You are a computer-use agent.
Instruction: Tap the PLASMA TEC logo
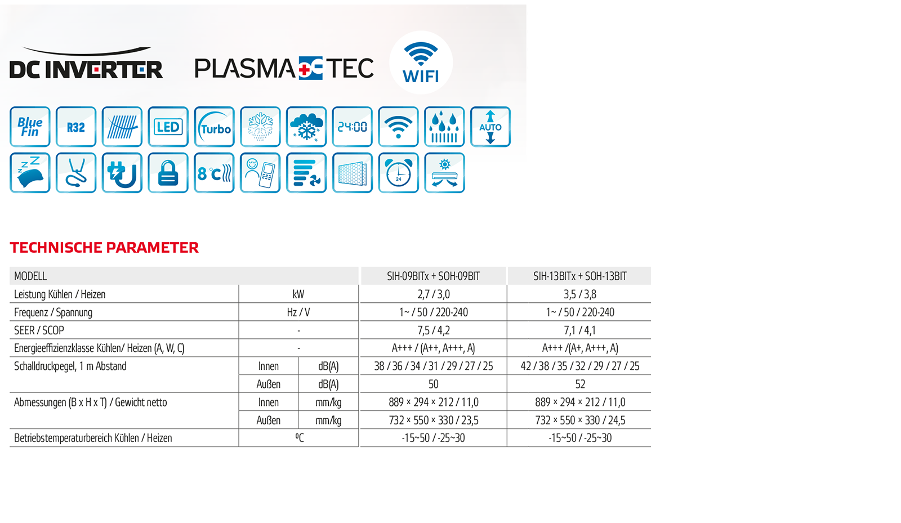click(284, 68)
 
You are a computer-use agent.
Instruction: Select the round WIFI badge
click(421, 62)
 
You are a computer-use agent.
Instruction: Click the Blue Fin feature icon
click(30, 127)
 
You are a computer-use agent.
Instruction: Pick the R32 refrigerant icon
click(76, 127)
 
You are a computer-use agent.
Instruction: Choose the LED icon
click(168, 127)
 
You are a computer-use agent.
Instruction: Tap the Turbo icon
click(215, 127)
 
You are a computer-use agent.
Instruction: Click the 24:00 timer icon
click(353, 127)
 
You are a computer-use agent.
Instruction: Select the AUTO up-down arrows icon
click(490, 127)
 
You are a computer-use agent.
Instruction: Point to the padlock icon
click(168, 173)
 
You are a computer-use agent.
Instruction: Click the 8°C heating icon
click(215, 173)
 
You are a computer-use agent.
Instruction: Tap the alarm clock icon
click(399, 173)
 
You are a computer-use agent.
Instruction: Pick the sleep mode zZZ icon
click(30, 173)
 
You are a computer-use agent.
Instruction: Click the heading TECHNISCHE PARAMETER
click(104, 248)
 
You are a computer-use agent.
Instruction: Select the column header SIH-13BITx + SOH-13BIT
click(580, 276)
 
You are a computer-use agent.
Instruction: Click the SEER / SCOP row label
click(39, 330)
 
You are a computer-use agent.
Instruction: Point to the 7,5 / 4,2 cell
click(434, 330)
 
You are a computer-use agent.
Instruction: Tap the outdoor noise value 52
click(580, 385)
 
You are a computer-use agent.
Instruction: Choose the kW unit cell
click(298, 294)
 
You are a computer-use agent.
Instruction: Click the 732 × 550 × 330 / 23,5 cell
click(434, 421)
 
